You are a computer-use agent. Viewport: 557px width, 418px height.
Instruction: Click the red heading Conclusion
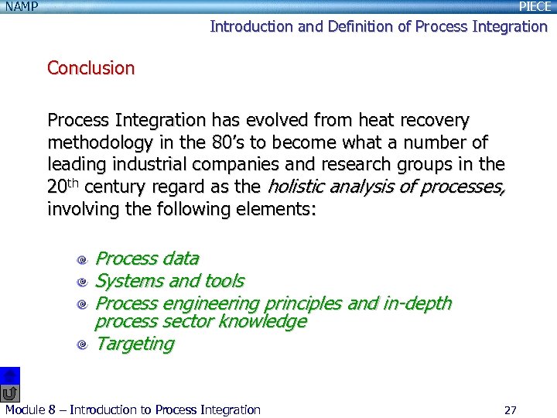pyautogui.click(x=91, y=68)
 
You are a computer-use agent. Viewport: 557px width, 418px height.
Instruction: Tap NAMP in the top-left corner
pyautogui.click(x=20, y=7)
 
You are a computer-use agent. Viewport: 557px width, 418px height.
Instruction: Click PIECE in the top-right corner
pyautogui.click(x=535, y=7)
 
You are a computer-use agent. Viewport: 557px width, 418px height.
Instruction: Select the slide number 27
pyautogui.click(x=510, y=409)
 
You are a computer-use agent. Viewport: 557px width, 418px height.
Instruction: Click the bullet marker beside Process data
pyautogui.click(x=81, y=260)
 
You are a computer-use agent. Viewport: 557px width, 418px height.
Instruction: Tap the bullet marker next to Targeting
pyautogui.click(x=81, y=345)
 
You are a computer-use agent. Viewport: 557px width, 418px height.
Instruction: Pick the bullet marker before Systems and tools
pyautogui.click(x=81, y=283)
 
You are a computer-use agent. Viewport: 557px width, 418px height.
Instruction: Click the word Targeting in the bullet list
pyautogui.click(x=134, y=344)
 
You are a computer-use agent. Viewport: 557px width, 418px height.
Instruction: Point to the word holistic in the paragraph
pyautogui.click(x=296, y=187)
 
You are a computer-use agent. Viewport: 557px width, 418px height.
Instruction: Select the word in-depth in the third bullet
pyautogui.click(x=417, y=303)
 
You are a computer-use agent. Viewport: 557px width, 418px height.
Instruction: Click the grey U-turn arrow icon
pyautogui.click(x=10, y=393)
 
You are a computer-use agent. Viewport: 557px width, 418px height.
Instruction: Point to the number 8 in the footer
pyautogui.click(x=53, y=409)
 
